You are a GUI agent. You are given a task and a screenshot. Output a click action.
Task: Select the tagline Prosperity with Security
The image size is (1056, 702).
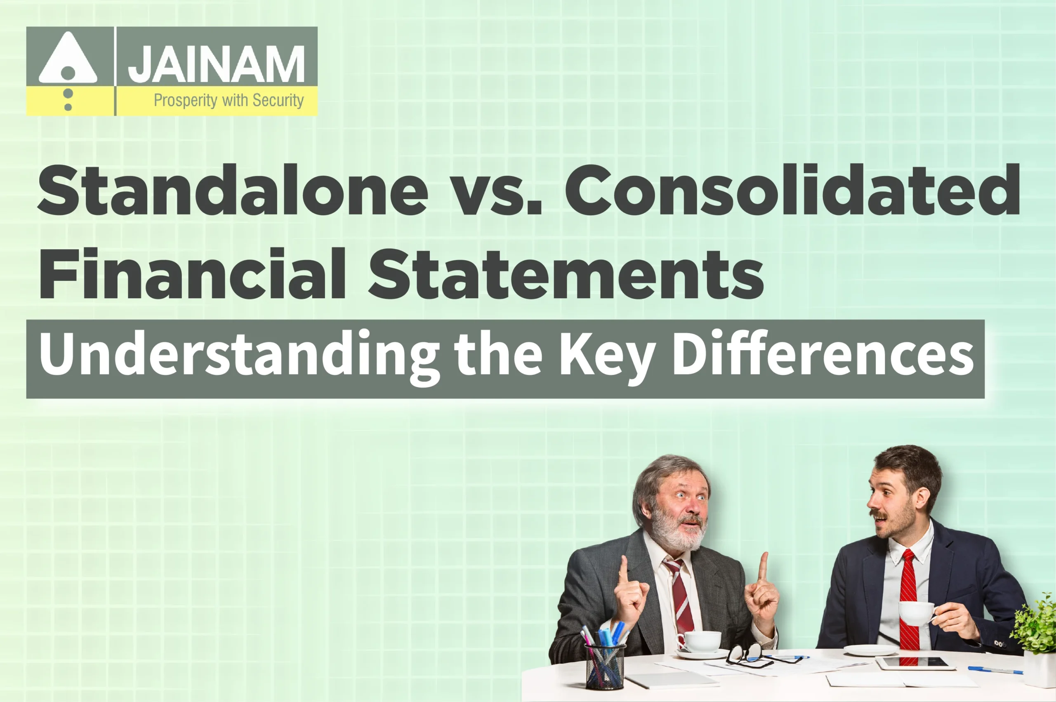(229, 100)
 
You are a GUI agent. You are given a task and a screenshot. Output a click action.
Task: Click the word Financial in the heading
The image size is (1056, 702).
(193, 274)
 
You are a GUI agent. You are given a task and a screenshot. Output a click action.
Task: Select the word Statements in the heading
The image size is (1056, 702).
(566, 274)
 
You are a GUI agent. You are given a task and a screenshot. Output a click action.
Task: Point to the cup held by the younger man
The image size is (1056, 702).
(916, 614)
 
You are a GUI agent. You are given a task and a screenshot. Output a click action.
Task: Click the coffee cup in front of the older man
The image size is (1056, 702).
(702, 641)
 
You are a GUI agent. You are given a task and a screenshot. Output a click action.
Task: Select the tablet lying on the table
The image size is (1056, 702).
(913, 662)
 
